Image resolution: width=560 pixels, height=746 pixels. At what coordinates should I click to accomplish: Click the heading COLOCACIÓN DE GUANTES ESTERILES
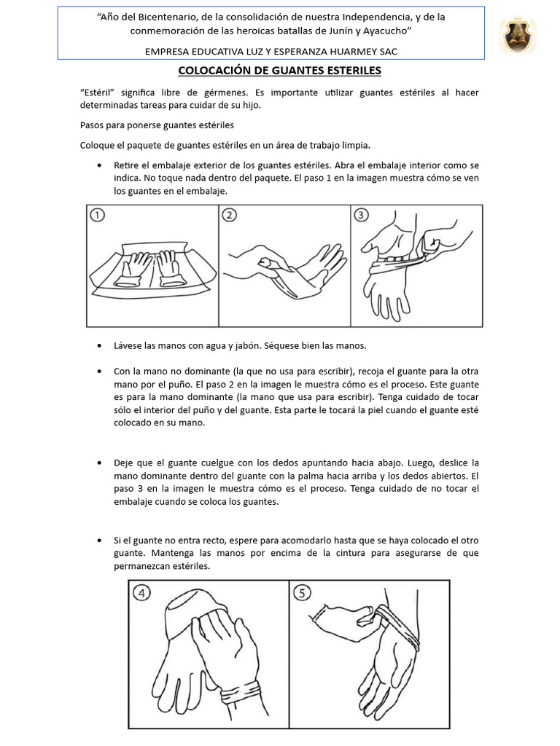coord(280,71)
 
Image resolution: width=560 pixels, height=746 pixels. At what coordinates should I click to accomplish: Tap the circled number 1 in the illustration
coord(98,215)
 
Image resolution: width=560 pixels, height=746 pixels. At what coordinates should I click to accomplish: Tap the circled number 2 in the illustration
coord(229,215)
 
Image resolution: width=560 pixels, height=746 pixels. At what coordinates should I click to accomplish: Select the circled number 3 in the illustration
coord(361,215)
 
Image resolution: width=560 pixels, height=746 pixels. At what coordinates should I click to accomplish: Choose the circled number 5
coord(302,592)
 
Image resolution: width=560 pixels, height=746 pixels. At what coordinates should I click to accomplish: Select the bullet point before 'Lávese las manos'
coord(99,345)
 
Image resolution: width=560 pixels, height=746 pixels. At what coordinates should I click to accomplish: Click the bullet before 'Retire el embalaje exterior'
coord(99,165)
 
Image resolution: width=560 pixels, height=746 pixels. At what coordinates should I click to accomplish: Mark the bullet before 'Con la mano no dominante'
coord(99,372)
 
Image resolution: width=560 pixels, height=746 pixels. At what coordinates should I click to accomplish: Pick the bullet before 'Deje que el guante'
coord(99,463)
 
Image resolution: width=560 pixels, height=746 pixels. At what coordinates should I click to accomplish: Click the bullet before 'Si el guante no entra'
coord(99,541)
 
